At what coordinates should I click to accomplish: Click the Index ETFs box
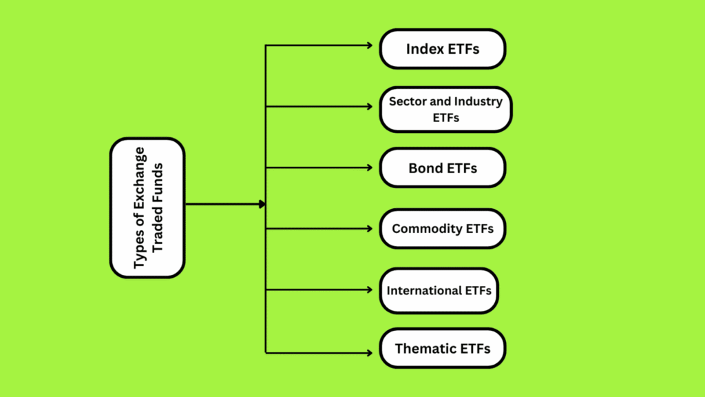coord(443,49)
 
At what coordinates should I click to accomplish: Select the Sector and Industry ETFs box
coord(445,110)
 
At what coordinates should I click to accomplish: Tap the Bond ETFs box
coord(443,168)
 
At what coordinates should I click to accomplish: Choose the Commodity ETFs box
coord(443,229)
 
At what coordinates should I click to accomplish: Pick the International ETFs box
coord(439,291)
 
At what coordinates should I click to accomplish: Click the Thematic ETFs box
coord(443,348)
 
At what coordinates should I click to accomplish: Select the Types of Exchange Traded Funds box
coord(147,208)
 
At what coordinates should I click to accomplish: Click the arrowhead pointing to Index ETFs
coord(370,45)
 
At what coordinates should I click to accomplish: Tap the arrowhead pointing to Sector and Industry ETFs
coord(370,107)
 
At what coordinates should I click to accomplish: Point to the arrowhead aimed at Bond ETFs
coord(370,168)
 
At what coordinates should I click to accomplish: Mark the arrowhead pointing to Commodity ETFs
coord(370,229)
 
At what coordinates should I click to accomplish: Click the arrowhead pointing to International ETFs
coord(370,290)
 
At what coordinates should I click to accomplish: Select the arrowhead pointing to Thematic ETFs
coord(370,353)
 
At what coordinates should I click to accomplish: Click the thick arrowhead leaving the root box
coord(262,204)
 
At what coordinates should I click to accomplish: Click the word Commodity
coord(422,229)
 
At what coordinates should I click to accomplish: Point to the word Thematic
coord(423,348)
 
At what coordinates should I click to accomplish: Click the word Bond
coord(423,168)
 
